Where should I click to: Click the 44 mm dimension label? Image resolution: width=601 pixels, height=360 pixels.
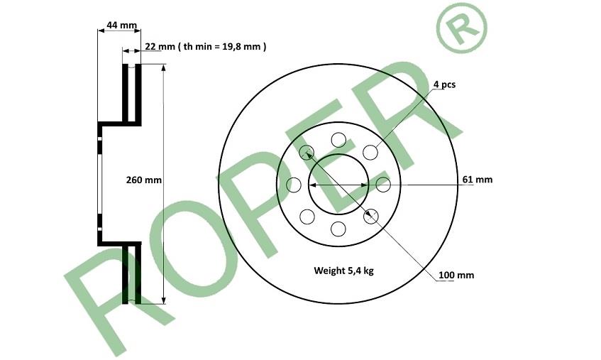(121, 26)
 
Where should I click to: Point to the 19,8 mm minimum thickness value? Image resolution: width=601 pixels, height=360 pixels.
(241, 47)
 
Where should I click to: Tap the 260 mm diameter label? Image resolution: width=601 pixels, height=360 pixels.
(144, 180)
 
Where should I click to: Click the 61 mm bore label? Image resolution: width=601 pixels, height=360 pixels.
(478, 180)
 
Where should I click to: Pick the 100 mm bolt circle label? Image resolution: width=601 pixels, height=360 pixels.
(456, 275)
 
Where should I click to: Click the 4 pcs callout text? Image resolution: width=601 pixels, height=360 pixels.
(445, 84)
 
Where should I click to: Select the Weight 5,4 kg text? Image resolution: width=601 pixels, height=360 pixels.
(344, 271)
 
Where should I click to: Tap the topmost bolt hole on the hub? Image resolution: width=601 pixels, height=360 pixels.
(338, 140)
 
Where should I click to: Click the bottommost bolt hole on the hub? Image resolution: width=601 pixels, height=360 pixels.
(338, 229)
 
